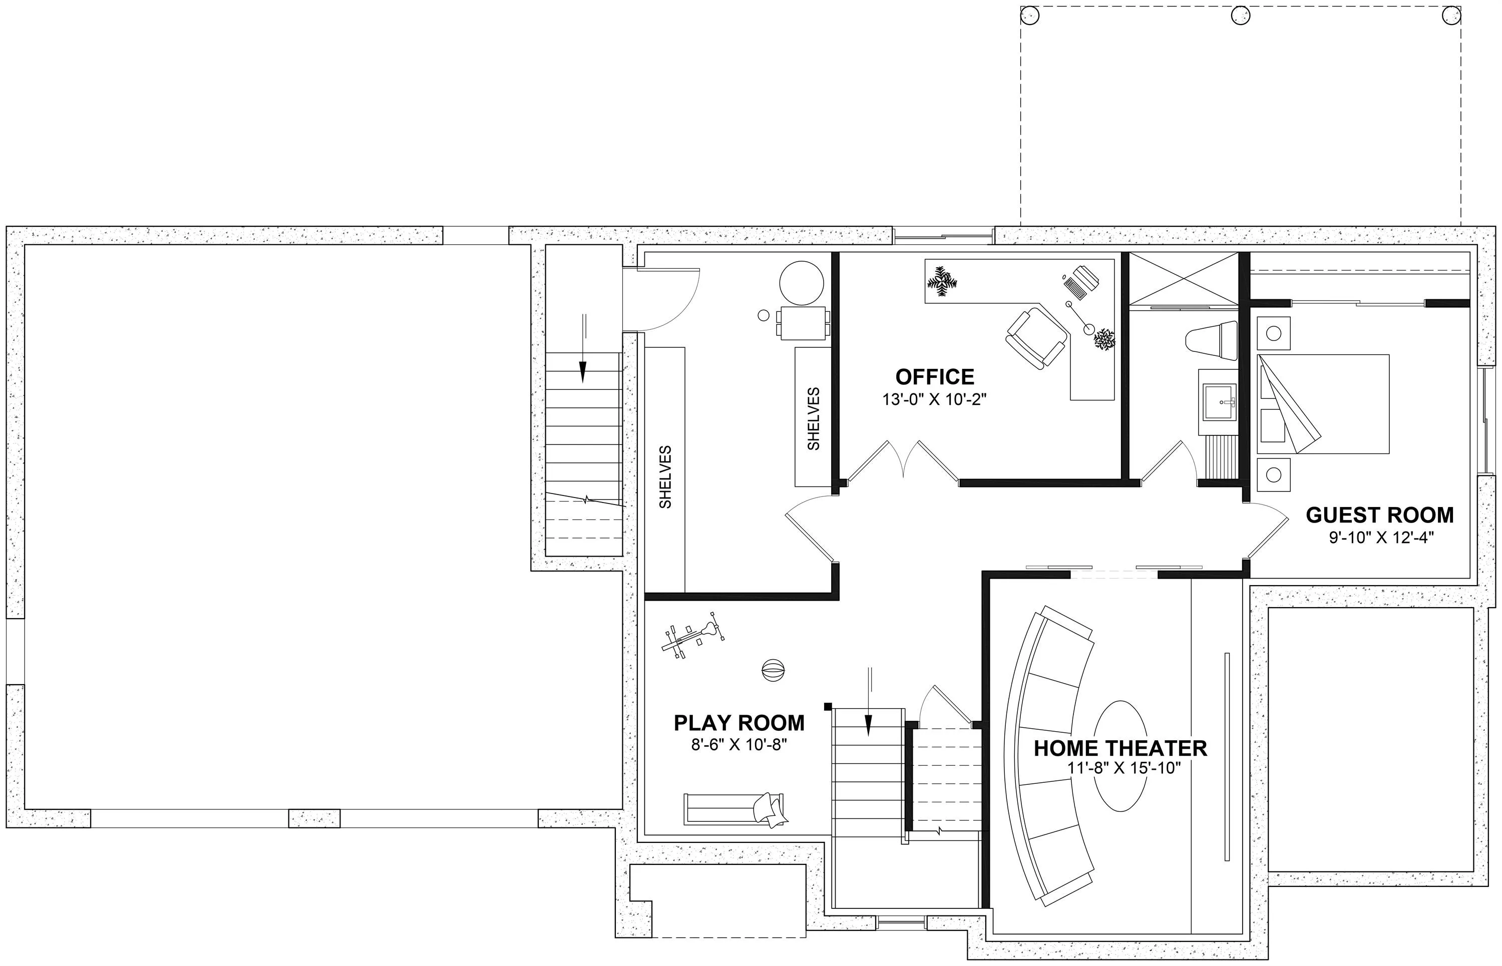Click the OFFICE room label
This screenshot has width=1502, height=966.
[x=935, y=377]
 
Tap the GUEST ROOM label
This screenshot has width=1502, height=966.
[x=1380, y=515]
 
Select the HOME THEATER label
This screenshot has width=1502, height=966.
[x=1120, y=748]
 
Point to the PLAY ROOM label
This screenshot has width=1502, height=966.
[x=739, y=723]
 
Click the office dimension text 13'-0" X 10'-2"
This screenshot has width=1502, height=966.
[x=935, y=399]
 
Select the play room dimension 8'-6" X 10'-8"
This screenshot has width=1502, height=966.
[x=739, y=745]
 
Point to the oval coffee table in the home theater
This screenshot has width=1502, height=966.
[x=1123, y=756]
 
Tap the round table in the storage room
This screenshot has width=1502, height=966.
[x=801, y=283]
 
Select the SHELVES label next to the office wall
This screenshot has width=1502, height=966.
[x=814, y=418]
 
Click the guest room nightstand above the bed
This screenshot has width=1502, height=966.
[x=1274, y=333]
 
